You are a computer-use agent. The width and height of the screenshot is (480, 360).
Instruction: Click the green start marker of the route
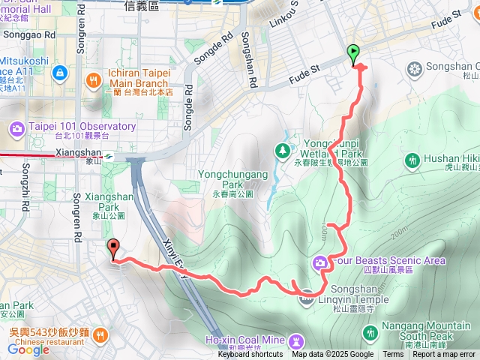pos(353,52)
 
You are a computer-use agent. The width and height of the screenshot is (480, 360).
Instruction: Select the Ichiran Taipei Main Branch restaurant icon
pos(93,78)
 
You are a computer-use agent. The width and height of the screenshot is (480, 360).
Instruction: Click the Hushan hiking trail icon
pos(412,160)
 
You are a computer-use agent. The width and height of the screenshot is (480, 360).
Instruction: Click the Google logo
pos(28,349)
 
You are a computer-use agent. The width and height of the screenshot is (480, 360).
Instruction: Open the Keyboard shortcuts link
pos(250,355)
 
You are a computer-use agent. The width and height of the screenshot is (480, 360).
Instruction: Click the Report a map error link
pos(444,355)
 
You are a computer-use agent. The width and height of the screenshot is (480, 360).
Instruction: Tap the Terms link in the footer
pos(393,355)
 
